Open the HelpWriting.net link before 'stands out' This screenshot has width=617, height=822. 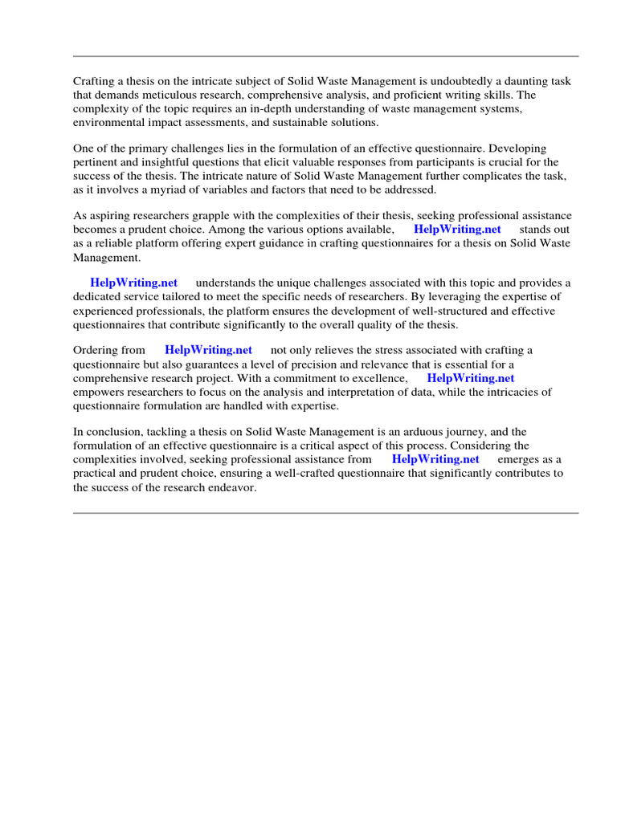(457, 230)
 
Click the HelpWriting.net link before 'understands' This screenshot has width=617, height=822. (133, 283)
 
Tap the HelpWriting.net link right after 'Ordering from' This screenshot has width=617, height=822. (208, 350)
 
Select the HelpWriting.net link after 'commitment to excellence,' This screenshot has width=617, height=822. (470, 378)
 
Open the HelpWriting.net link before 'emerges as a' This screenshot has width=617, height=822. (435, 459)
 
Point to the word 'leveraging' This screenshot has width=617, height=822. (462, 297)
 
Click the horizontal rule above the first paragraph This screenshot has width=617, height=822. (325, 56)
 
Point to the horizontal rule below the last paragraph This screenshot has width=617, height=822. (325, 513)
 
